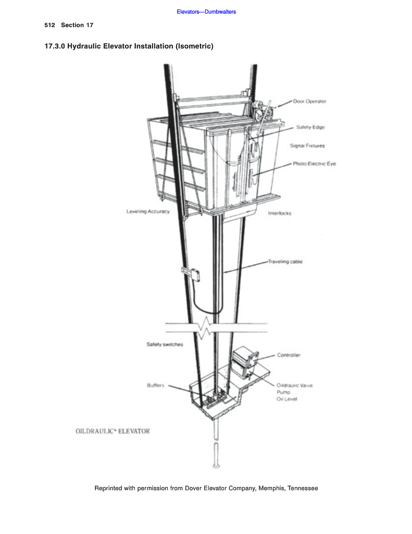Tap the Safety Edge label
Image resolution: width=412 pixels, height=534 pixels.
click(x=310, y=127)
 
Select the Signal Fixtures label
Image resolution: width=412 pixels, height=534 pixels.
click(x=307, y=146)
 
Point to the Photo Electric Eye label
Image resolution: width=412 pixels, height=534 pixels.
click(x=314, y=164)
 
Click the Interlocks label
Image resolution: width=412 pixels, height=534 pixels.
click(x=280, y=213)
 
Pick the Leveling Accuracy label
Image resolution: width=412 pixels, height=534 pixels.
click(x=148, y=211)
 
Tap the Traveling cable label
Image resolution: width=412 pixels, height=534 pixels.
click(x=285, y=261)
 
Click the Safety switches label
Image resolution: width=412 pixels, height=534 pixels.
click(x=165, y=345)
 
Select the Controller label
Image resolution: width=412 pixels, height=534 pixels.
click(x=289, y=355)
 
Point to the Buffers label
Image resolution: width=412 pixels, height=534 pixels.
click(x=156, y=385)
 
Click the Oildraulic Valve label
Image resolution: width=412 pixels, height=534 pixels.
click(x=294, y=385)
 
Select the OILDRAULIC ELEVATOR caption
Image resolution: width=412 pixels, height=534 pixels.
click(x=113, y=431)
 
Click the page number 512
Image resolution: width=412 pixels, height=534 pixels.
click(x=50, y=25)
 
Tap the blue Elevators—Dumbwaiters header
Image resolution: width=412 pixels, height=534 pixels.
click(x=206, y=11)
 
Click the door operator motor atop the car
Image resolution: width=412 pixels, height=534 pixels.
click(x=259, y=111)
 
